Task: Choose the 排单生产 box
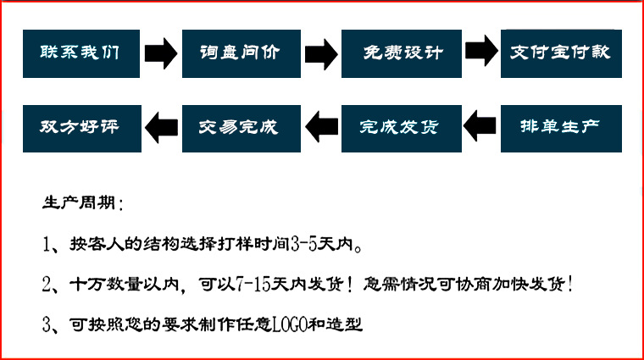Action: click(560, 128)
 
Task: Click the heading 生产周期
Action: click(81, 204)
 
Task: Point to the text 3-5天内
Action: click(325, 246)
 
